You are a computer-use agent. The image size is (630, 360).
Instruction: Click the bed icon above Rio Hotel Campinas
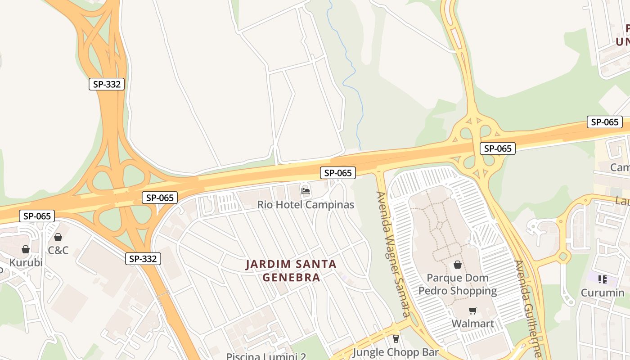306,191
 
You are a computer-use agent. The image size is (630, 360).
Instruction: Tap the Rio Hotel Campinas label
306,205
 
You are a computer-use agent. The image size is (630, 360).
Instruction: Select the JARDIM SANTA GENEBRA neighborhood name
291,270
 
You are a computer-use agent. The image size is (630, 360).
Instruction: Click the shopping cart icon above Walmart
472,310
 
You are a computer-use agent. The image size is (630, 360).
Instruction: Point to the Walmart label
472,324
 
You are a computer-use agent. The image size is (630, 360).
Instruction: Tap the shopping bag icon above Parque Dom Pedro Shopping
458,265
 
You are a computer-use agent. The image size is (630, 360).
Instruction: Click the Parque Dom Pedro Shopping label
458,284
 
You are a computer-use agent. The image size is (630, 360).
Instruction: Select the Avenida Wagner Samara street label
393,254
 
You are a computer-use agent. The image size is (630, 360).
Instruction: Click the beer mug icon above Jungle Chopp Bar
396,338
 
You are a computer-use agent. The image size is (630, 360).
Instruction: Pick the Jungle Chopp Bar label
396,352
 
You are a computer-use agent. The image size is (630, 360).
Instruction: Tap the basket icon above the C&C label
58,237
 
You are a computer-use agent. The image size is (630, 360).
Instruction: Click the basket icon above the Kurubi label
26,249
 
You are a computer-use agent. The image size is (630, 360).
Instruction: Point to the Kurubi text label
26,262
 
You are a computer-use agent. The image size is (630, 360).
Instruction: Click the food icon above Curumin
603,279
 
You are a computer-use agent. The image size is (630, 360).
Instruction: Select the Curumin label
603,293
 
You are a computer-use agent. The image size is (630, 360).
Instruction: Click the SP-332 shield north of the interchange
107,84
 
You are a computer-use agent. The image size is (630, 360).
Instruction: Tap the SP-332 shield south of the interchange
143,258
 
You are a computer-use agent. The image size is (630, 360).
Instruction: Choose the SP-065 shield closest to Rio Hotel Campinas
338,173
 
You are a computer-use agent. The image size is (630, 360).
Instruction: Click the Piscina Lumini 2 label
266,356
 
